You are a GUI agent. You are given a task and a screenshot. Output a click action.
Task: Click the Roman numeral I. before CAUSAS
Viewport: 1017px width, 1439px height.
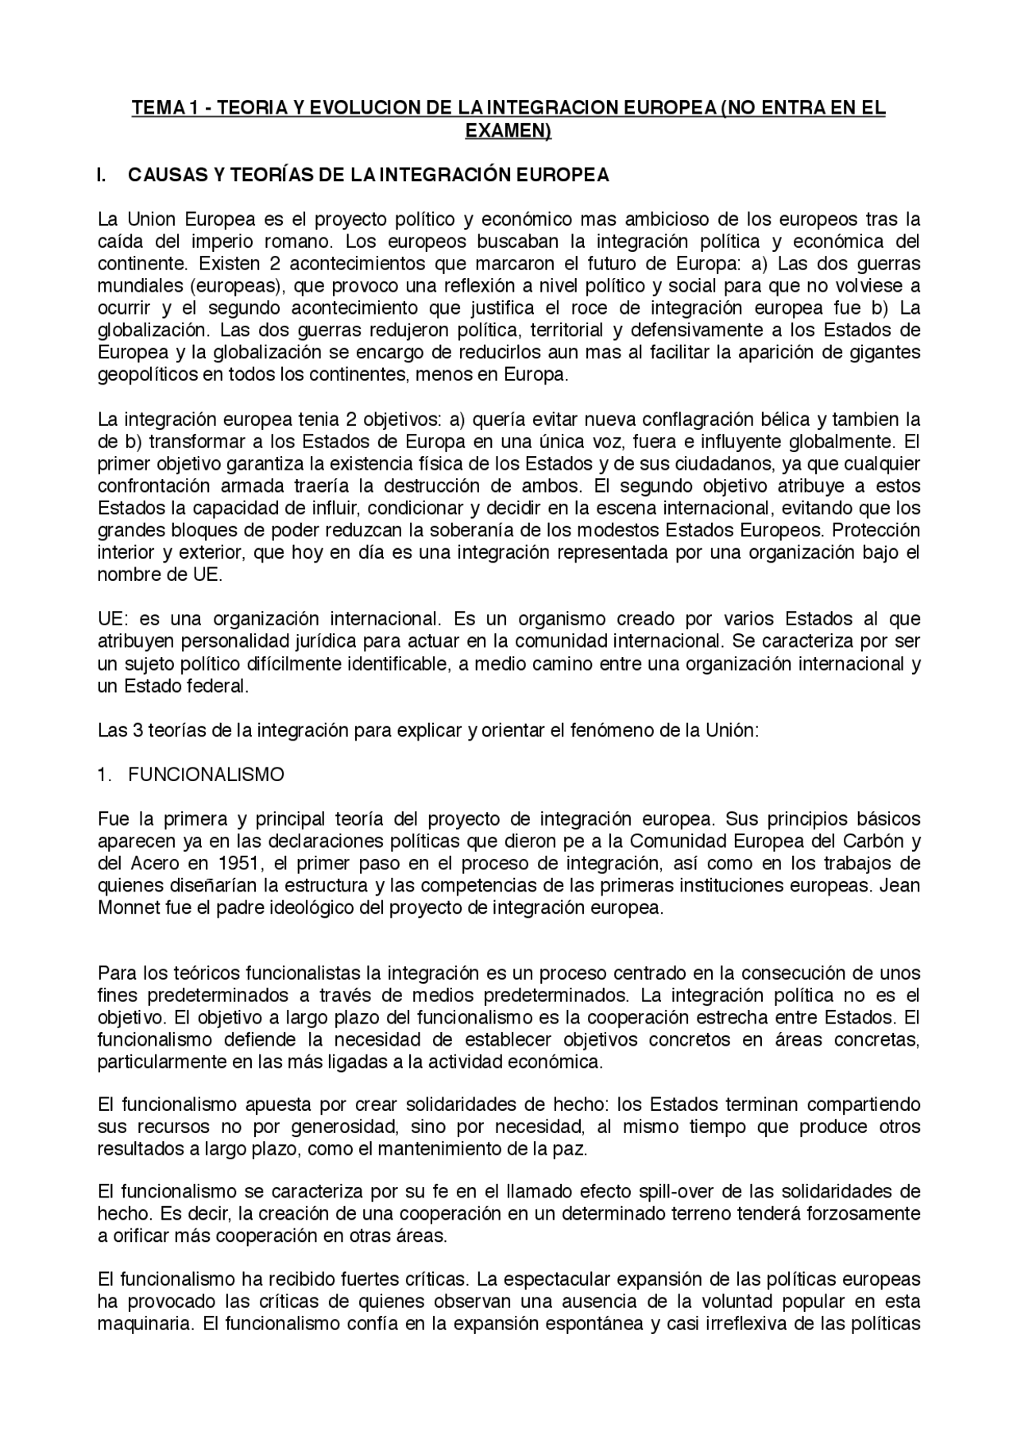tap(102, 176)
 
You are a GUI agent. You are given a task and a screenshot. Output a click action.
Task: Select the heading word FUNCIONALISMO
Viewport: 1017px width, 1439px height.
tap(206, 775)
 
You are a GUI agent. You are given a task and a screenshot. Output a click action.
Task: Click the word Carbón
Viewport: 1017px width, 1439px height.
tap(873, 841)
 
